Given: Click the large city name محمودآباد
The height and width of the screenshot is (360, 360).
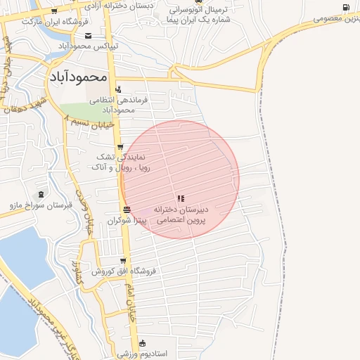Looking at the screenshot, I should [78, 75].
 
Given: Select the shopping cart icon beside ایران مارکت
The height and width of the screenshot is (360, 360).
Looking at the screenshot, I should [53, 11].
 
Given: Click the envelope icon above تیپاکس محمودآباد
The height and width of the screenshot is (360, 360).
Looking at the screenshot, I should [88, 35].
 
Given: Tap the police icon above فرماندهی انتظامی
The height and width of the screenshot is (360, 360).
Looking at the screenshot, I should [118, 89].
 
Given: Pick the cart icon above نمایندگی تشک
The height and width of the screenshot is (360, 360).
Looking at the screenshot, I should [122, 147].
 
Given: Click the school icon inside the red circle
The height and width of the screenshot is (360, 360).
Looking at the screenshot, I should [181, 199].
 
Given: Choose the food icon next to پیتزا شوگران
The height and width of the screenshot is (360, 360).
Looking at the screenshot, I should [126, 210].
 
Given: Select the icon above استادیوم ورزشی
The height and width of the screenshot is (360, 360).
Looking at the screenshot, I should [143, 343].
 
